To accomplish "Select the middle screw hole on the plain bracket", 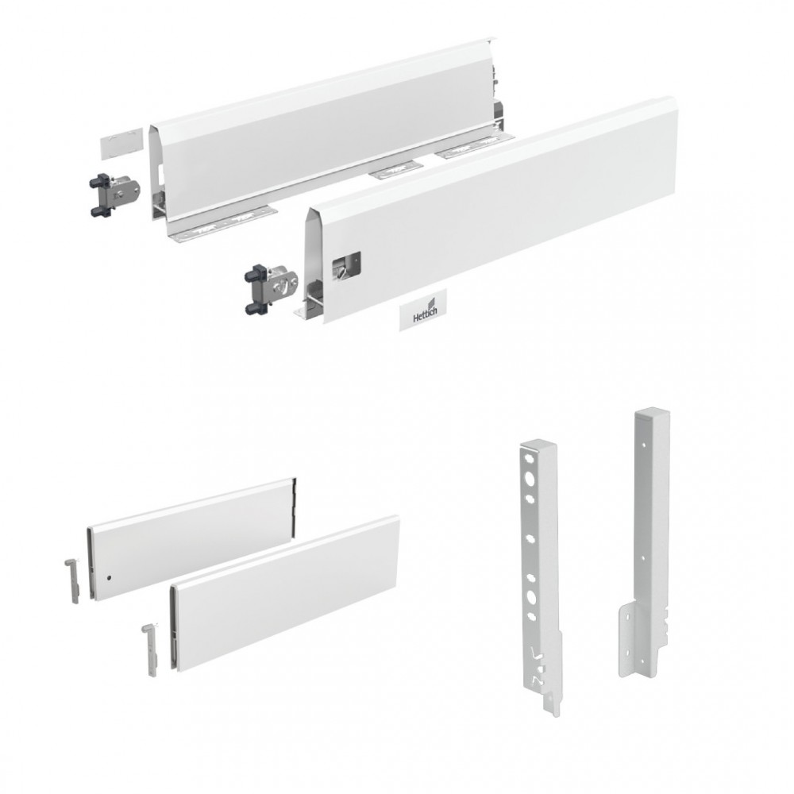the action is click(x=642, y=557).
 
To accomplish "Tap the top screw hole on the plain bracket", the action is click(x=643, y=443).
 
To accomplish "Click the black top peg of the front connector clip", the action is click(x=252, y=276).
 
